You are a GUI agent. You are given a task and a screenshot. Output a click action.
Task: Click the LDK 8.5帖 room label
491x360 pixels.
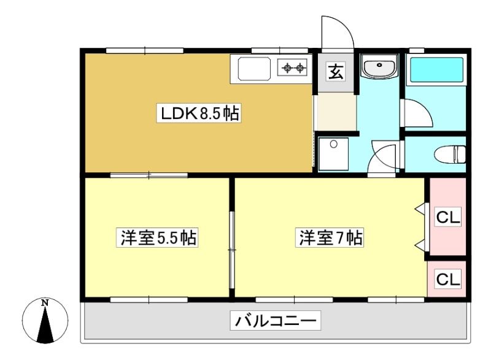pyautogui.click(x=199, y=113)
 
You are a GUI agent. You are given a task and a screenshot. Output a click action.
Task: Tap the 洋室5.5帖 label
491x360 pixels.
pyautogui.click(x=157, y=238)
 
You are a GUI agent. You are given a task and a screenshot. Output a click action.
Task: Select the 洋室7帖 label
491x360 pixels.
pyautogui.click(x=330, y=238)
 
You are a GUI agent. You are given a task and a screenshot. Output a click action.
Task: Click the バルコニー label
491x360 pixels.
pyautogui.click(x=275, y=320)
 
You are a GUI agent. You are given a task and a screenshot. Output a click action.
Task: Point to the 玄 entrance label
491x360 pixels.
pyautogui.click(x=336, y=72)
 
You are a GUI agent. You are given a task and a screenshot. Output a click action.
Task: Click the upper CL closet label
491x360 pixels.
pyautogui.click(x=448, y=216)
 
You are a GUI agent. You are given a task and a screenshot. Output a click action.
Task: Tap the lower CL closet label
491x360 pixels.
pyautogui.click(x=448, y=278)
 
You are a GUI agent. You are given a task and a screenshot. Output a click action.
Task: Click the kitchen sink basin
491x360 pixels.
pyautogui.click(x=254, y=69)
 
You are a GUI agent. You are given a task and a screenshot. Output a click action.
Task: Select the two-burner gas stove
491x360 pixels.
pyautogui.click(x=293, y=67)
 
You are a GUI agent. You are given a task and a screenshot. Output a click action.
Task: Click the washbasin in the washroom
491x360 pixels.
pyautogui.click(x=379, y=66)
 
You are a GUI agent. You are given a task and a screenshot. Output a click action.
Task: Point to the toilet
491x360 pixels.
pyautogui.click(x=450, y=154)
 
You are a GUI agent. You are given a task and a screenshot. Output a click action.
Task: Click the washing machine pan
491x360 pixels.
pyautogui.click(x=333, y=154)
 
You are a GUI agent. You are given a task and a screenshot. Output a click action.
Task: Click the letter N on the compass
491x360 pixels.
pyautogui.click(x=45, y=303)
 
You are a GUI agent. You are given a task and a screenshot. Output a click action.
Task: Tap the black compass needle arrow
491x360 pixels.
pyautogui.click(x=45, y=324)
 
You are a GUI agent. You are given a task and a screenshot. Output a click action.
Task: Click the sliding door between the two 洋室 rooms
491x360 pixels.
pyautogui.click(x=232, y=250)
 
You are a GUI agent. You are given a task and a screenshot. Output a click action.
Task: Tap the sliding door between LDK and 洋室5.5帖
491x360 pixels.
pyautogui.click(x=149, y=175)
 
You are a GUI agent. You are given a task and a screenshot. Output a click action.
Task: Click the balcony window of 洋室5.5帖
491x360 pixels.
pyautogui.click(x=149, y=300)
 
